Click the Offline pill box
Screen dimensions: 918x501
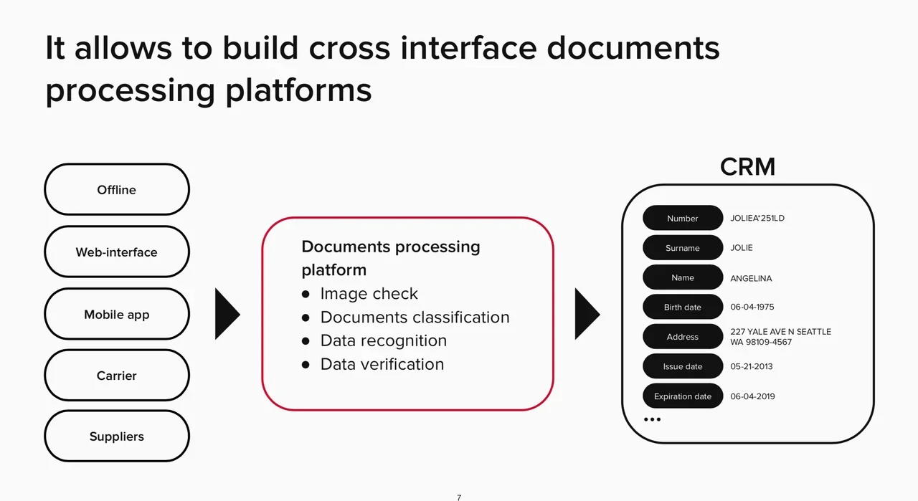117,189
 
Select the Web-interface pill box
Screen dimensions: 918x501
117,252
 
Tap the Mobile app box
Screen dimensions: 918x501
117,314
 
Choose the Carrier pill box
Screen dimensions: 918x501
117,376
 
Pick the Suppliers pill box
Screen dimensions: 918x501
117,436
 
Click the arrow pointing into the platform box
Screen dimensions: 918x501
227,314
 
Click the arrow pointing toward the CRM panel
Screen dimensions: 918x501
587,314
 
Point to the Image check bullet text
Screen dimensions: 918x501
369,294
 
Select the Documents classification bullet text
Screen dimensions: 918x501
415,317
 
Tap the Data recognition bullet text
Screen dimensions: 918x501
384,341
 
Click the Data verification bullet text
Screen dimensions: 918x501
382,364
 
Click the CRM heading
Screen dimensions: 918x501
747,167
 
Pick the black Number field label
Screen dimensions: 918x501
683,218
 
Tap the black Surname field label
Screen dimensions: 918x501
683,247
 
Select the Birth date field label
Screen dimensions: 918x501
683,307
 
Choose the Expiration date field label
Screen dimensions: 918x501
683,396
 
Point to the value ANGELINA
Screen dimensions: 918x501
751,279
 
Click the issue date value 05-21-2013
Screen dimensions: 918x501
751,366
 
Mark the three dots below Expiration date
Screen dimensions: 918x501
652,419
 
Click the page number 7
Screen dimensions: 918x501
459,497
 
